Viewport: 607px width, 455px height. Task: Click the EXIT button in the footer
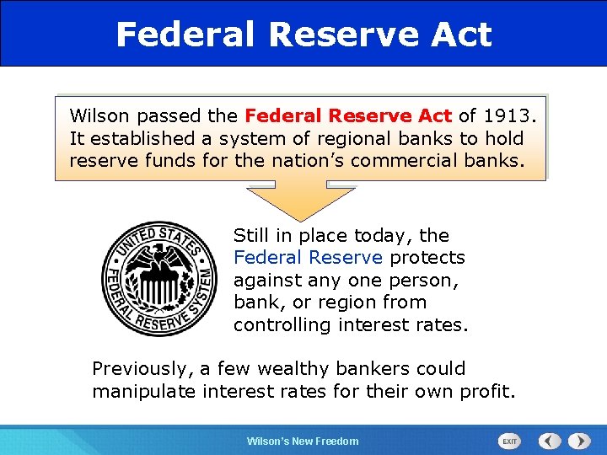coord(510,441)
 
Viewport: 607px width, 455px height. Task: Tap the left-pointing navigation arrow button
coord(550,441)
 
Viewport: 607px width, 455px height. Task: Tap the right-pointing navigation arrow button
coord(579,441)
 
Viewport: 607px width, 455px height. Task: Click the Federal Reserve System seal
coord(159,279)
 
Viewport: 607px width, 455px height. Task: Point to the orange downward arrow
coord(302,202)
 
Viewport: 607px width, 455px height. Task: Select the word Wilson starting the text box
coord(96,115)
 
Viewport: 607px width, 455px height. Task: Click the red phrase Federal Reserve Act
coord(348,115)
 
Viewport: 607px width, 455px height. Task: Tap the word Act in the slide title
coord(457,35)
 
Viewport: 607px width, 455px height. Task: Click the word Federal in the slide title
coord(185,35)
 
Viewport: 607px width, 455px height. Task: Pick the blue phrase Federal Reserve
coord(308,258)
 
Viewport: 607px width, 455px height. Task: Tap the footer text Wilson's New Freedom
coord(302,442)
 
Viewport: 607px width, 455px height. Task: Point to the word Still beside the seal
coord(250,236)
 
